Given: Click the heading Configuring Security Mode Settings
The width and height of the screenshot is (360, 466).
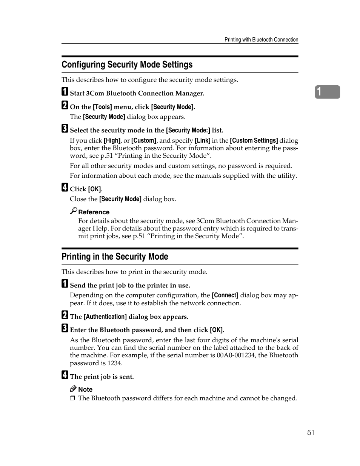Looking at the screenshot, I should coord(127,65).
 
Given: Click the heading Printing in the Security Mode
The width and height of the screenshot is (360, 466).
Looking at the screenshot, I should coord(115,257).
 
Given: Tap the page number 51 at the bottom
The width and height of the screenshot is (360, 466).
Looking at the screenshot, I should coord(310,432).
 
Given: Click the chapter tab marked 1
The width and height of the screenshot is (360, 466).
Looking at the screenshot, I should coord(327,92).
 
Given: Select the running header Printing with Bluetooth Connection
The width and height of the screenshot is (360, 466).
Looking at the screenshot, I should coord(261,40).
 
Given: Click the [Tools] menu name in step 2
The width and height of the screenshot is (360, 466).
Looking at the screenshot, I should coord(102,107).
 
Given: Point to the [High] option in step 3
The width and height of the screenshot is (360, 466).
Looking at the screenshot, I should coord(112,140).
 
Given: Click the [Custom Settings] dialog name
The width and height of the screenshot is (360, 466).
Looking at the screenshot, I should coord(254,140).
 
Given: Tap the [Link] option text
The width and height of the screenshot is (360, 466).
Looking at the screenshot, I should coord(203,140).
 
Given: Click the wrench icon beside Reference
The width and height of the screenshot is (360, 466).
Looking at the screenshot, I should coord(74,211).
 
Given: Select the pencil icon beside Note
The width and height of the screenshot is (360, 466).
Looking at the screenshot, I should coord(73,389).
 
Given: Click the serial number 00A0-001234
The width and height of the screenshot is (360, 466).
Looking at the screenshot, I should coord(236,355).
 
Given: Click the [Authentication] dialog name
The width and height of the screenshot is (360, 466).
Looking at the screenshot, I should coord(105,317).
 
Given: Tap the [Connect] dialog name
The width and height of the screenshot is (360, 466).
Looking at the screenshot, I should coord(225,295).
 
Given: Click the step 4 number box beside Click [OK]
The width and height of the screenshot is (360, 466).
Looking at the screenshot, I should coord(65,188).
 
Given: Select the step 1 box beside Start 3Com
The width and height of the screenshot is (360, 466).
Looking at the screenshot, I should coord(65,92).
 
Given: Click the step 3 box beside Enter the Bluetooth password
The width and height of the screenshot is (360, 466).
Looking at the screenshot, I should coord(65,328).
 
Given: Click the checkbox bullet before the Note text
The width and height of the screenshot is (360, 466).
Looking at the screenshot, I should coord(72,398).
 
